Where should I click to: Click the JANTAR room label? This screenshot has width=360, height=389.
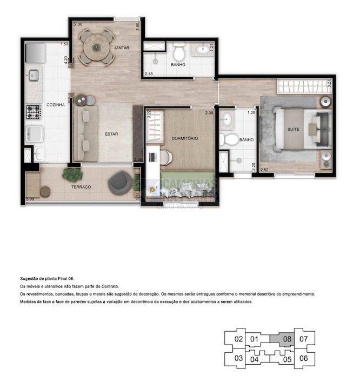coord(122,48)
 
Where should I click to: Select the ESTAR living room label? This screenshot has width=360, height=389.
coord(111,133)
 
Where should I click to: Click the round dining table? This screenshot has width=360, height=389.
coord(97,46)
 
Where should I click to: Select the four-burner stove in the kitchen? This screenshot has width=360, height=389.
coord(34,112)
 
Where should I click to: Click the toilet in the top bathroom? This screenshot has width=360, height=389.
coord(179,53)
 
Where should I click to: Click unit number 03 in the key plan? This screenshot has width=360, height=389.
coord(238,358)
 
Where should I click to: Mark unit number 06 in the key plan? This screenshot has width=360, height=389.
coord(303,358)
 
